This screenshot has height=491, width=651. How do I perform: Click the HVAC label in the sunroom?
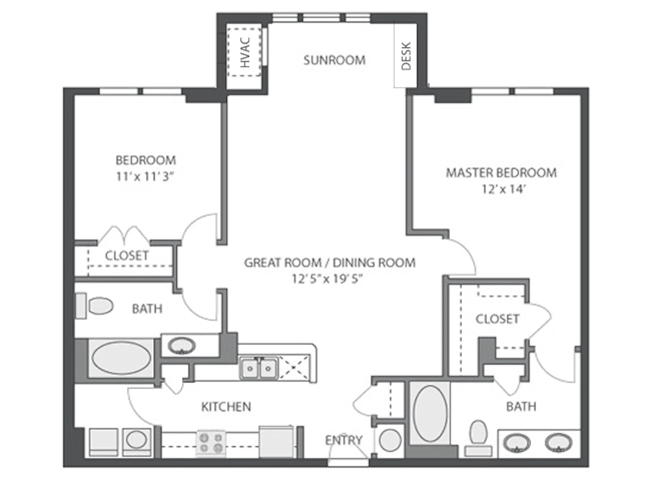coord(245,52)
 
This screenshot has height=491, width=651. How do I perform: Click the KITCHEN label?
coord(226,407)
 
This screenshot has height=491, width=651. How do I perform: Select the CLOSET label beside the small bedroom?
coord(127,256)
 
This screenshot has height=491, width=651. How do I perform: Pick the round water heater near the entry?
coord(390,440)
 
